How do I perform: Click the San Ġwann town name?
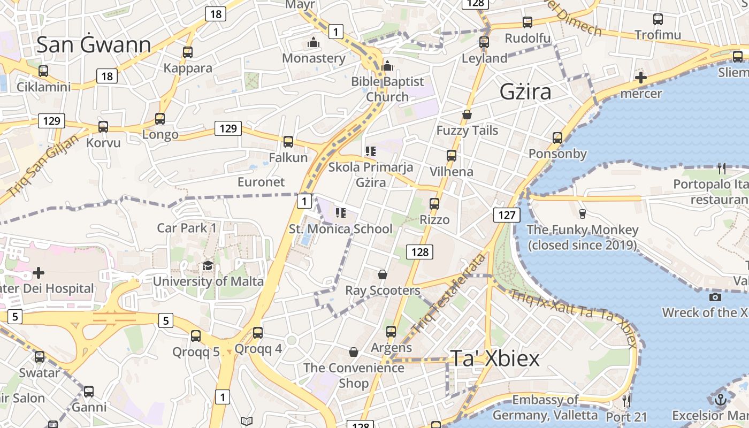point(94,44)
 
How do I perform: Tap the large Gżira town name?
point(525,92)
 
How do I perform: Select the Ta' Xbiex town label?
point(494,358)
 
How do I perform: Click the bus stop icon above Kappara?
point(187,52)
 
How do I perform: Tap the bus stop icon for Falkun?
point(288,141)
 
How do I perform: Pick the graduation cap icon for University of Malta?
point(208,265)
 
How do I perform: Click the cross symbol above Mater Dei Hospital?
point(39,273)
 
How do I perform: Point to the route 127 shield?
point(506,215)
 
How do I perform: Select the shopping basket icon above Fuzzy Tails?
point(467,114)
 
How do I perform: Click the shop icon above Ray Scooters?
point(383,274)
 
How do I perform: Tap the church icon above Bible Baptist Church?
point(388,66)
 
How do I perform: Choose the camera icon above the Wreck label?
point(715,297)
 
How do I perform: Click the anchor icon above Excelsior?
point(721,400)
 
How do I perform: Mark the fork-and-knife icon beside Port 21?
point(626,400)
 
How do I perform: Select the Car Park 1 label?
point(187,228)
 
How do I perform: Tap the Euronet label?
point(261,182)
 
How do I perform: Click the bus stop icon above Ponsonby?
point(557,138)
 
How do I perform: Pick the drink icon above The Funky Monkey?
point(583,214)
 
